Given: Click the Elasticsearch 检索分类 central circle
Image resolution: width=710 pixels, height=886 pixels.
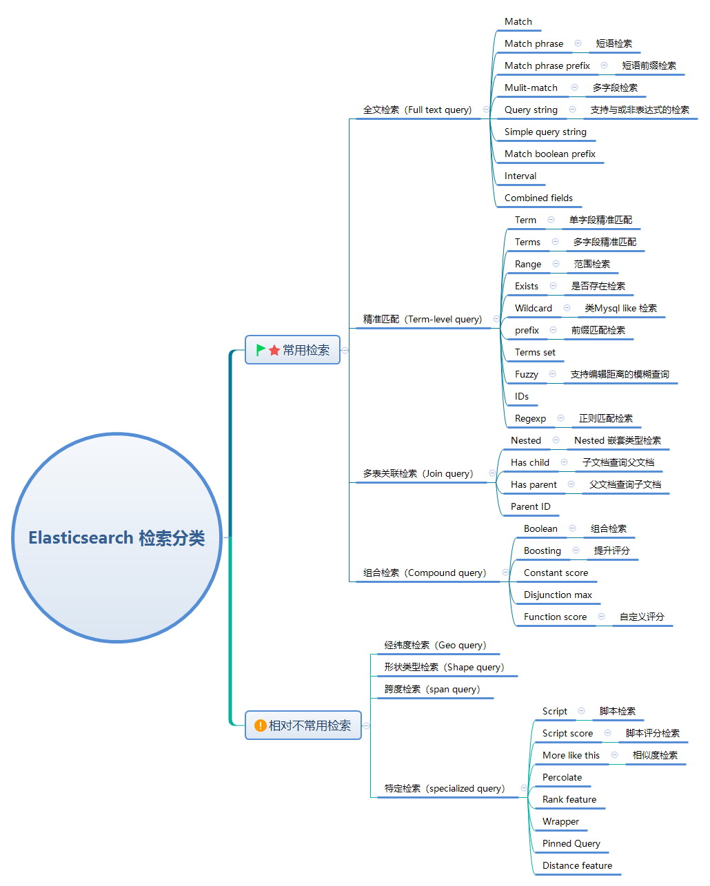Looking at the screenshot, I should click(x=116, y=538).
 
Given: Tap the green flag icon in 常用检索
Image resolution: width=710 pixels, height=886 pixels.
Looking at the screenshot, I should click(x=261, y=350).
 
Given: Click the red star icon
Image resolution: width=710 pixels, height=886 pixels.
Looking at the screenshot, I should click(x=274, y=350).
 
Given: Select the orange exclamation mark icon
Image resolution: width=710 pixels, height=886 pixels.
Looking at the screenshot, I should click(x=260, y=725).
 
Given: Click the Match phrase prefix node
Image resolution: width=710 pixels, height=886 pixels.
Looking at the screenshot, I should click(x=547, y=65).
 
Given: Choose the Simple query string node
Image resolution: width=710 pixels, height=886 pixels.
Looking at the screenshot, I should click(x=545, y=132).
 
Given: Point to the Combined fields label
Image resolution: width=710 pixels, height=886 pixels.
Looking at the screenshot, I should click(x=538, y=198).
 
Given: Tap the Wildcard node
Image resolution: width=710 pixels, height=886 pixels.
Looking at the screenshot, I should click(x=533, y=308).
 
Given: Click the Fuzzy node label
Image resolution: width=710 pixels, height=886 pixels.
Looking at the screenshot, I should click(x=526, y=374).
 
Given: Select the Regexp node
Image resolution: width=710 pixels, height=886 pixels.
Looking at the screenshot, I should click(x=530, y=418).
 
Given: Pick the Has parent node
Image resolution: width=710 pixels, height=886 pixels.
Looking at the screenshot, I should click(x=534, y=484).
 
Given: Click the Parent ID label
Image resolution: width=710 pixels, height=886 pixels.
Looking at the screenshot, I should click(x=530, y=506).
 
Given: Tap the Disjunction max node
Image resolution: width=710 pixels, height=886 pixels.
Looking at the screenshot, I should click(x=558, y=595).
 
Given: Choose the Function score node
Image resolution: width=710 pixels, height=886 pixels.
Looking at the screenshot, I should click(x=555, y=617).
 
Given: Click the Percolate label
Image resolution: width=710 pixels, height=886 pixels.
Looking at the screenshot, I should click(x=562, y=777).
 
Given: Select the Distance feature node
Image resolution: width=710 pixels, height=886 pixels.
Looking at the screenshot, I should click(x=577, y=865).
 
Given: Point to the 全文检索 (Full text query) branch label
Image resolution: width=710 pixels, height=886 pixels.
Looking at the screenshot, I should click(x=417, y=110).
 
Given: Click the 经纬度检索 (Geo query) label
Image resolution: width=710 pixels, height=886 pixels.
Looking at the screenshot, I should click(x=435, y=645).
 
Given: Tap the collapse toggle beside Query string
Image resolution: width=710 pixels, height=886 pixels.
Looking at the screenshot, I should click(x=572, y=110).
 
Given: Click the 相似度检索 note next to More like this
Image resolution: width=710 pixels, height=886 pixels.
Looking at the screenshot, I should click(x=655, y=755).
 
